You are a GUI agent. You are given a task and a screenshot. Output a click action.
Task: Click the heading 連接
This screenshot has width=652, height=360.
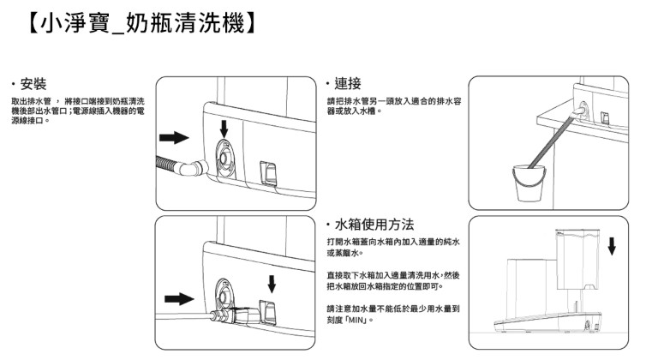[349, 84]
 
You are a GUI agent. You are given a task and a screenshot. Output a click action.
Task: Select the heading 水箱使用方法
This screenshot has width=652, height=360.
[376, 224]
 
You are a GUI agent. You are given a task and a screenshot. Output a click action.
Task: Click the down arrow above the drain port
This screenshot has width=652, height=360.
[224, 128]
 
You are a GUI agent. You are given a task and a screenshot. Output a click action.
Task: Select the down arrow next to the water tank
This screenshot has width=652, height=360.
[612, 246]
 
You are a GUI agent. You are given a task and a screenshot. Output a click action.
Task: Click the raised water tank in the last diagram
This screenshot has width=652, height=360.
[575, 253]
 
